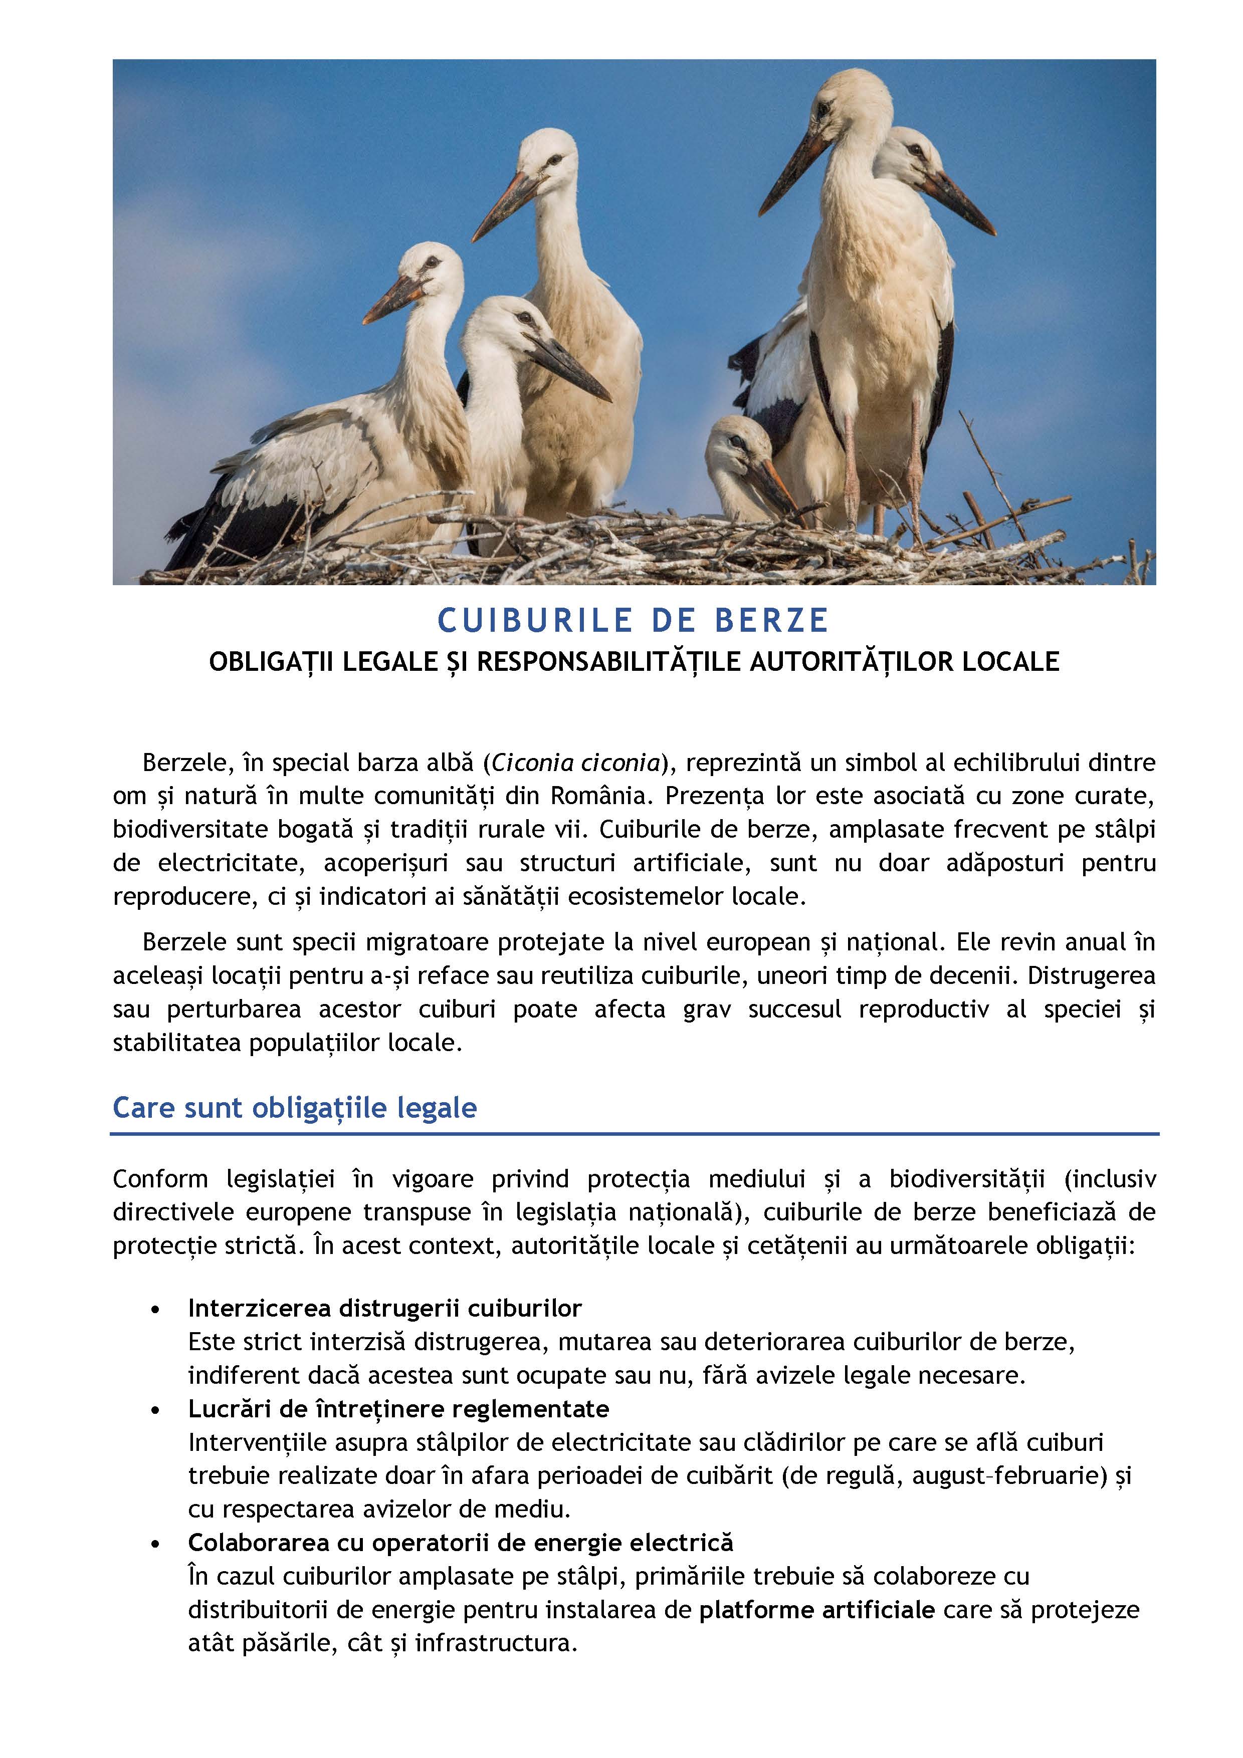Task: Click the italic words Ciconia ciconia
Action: (576, 763)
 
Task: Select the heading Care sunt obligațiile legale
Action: (295, 1108)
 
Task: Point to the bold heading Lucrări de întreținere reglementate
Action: (398, 1409)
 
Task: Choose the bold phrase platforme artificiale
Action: (816, 1610)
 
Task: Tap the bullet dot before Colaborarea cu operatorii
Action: (156, 1544)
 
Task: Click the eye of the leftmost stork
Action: (431, 262)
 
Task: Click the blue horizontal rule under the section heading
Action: (634, 1134)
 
